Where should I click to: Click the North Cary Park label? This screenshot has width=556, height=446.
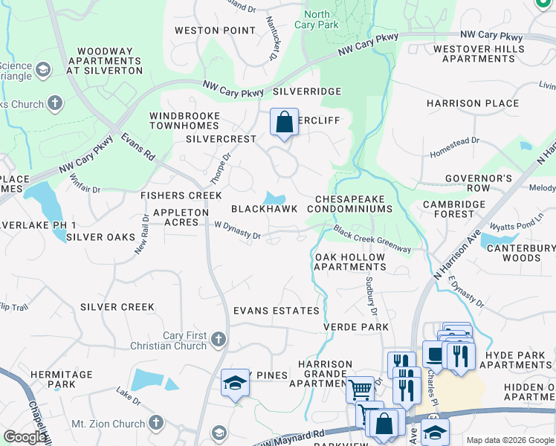tap(317, 19)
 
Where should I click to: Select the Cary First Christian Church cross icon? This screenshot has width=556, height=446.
tap(217, 340)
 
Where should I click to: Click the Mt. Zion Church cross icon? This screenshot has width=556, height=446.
tap(155, 423)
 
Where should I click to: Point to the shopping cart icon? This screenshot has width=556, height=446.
tap(359, 388)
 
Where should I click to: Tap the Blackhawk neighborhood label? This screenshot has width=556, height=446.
tap(264, 209)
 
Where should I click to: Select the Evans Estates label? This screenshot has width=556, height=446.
tap(276, 311)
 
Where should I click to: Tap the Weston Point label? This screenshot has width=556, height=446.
tap(204, 30)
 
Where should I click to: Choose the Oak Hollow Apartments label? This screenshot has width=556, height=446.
tap(350, 262)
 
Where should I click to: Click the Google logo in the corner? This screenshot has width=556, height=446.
tap(25, 437)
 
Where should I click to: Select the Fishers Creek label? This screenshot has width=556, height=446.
tap(181, 195)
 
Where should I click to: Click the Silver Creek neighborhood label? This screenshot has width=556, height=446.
tap(117, 307)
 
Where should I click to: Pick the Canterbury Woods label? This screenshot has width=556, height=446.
tap(519, 253)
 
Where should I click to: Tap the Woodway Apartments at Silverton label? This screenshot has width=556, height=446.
tap(104, 61)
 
